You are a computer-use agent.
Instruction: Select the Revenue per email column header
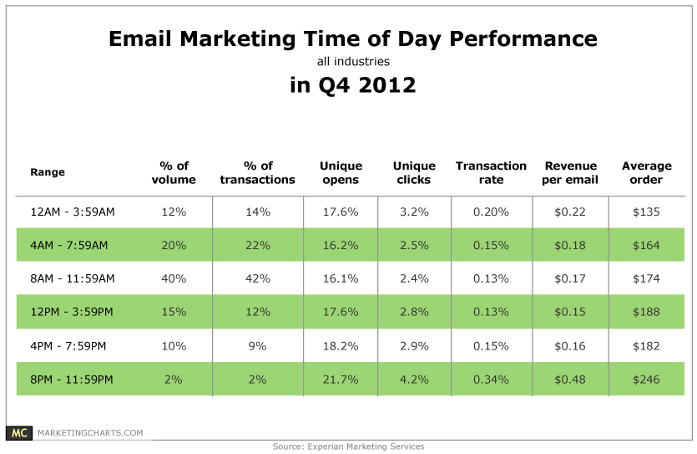[x=571, y=173]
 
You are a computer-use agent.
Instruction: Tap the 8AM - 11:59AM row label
[x=72, y=279]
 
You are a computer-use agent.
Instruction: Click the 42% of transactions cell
[x=257, y=279]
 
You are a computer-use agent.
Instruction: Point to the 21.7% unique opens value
[x=340, y=380]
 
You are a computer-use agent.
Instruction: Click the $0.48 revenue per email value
[x=571, y=380]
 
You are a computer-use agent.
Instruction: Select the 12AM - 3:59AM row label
[x=72, y=212]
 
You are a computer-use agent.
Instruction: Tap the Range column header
[x=48, y=173]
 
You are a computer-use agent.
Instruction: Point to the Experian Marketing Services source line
[x=348, y=446]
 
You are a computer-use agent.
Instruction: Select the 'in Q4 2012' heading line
[x=352, y=85]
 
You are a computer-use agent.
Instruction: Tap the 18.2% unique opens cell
[x=340, y=346]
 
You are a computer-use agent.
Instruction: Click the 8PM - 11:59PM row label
[x=72, y=380]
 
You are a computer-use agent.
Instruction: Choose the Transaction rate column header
[x=491, y=173]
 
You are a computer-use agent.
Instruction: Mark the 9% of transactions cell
[x=257, y=346]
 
